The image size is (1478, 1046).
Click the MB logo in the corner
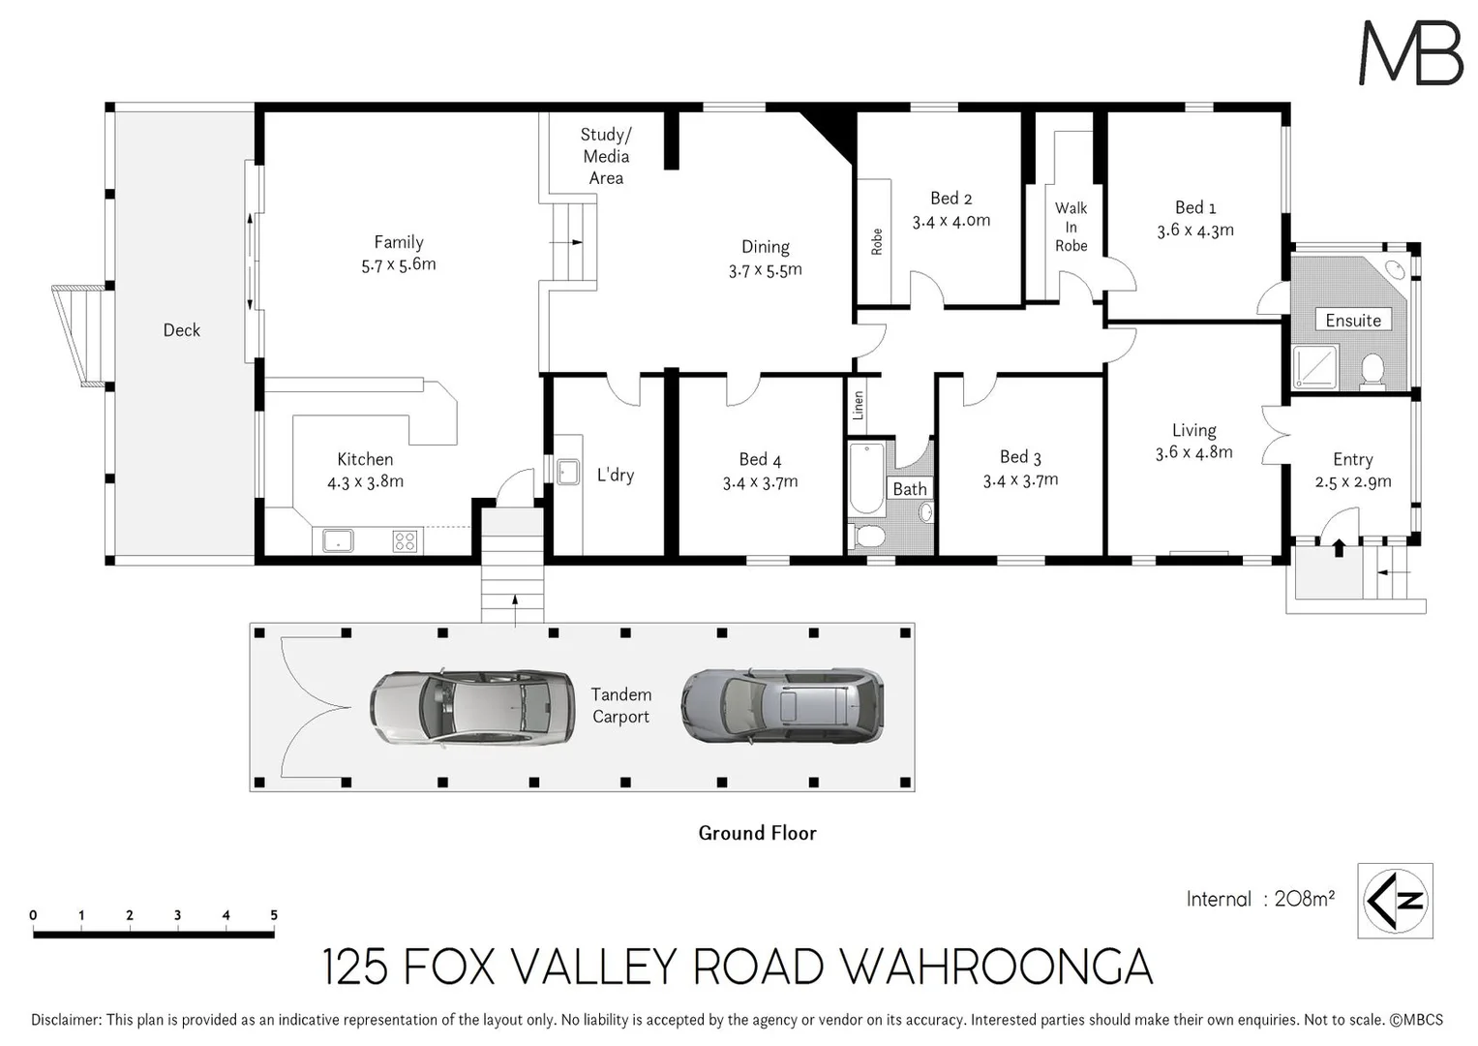click(1410, 53)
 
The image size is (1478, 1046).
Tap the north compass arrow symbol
click(1395, 901)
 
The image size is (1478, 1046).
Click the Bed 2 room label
click(950, 199)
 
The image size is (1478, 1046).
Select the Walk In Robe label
click(1071, 227)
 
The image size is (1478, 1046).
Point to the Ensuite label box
click(1352, 321)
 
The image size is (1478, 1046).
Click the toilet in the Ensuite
click(1372, 370)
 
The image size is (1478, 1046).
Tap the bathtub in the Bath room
click(866, 477)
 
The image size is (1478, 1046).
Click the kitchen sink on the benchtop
click(338, 540)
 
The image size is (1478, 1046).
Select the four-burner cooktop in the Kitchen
click(405, 541)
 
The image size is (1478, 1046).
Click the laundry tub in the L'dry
click(567, 472)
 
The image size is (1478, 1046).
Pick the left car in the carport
click(459, 707)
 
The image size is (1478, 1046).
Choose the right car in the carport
click(782, 705)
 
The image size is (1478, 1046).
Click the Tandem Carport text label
click(620, 705)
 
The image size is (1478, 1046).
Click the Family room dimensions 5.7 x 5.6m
click(399, 264)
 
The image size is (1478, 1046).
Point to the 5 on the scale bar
click(274, 915)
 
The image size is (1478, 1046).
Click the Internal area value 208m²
click(1304, 899)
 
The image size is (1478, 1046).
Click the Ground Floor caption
click(757, 833)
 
